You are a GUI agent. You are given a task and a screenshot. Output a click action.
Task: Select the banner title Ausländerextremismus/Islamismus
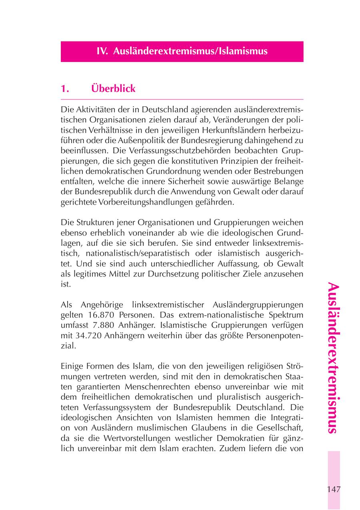[190, 52]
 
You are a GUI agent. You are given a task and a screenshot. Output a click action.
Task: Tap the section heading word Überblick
[113, 88]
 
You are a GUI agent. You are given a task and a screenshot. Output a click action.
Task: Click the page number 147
[334, 489]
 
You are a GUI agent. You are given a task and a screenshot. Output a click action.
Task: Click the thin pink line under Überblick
[182, 99]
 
